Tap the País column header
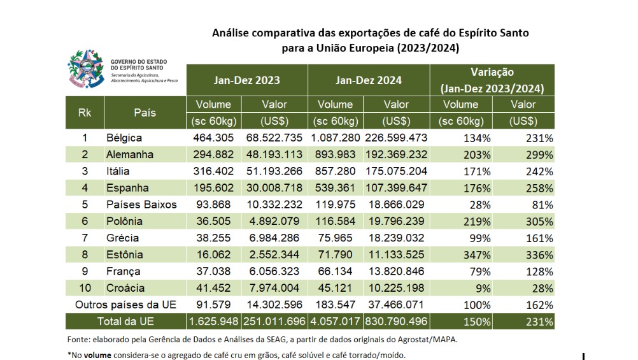pos(145,112)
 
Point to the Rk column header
pos(84,112)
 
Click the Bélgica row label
pos(124,138)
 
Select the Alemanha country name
pos(130,154)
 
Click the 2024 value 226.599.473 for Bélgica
pos(395,138)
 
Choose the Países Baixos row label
pos(141,205)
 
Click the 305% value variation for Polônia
pos(538,221)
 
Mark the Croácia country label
pos(126,288)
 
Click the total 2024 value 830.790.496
pos(395,321)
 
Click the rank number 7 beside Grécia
pos(84,238)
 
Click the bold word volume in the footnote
pos(97,354)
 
